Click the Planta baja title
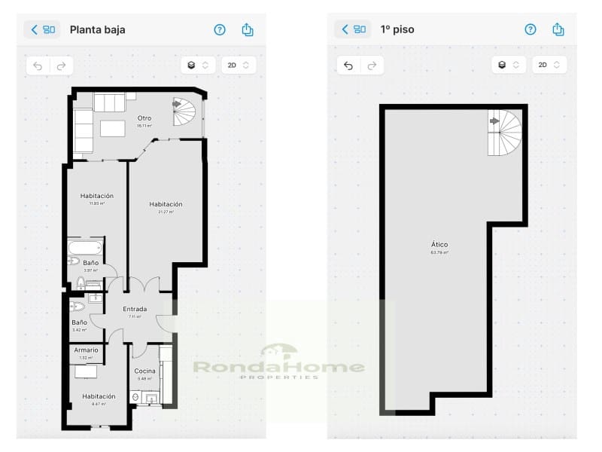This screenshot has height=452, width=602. (97, 30)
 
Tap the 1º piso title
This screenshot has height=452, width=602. (397, 30)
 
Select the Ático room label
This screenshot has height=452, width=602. (439, 245)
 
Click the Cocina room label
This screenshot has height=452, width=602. (145, 371)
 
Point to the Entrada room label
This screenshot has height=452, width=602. (135, 309)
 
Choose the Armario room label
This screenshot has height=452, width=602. (86, 350)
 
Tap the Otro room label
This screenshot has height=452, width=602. (144, 118)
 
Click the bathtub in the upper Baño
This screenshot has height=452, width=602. (84, 247)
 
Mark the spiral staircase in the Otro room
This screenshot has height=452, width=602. (184, 113)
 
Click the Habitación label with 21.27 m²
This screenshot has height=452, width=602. (166, 204)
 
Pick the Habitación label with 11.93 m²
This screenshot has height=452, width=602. (97, 196)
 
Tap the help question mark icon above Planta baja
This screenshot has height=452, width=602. (220, 30)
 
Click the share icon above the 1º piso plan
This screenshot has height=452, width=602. (558, 29)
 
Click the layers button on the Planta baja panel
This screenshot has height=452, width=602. (198, 66)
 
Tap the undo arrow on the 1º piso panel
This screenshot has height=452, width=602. (348, 66)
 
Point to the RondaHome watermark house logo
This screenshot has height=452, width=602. (279, 350)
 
